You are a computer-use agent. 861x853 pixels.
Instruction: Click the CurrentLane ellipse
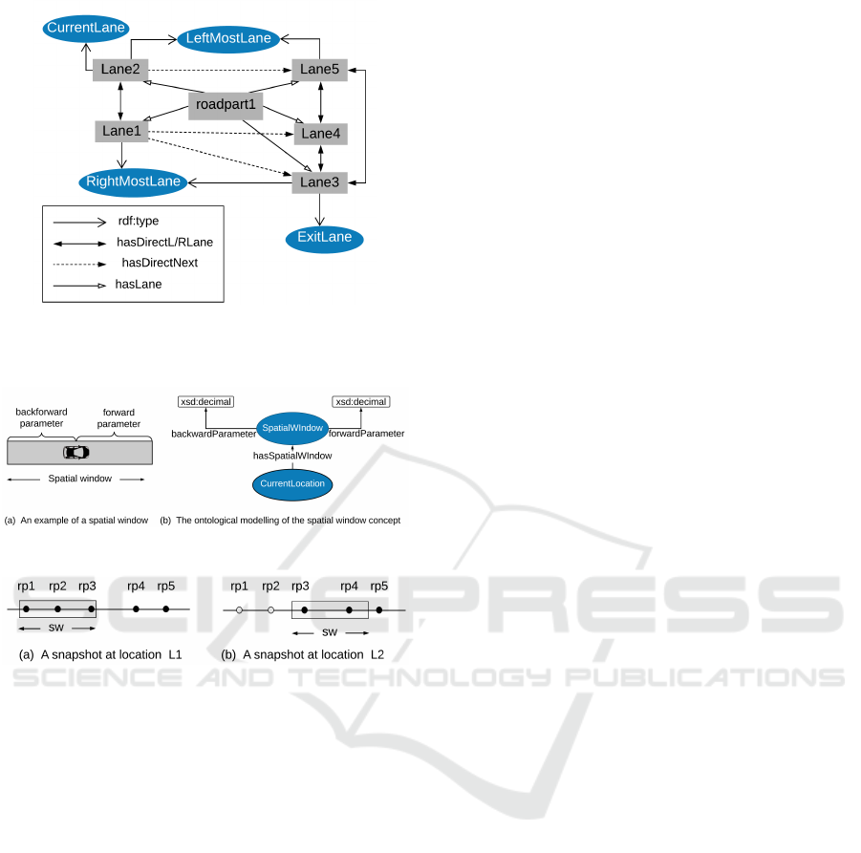click(x=86, y=29)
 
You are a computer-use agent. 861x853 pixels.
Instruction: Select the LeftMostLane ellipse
click(x=227, y=39)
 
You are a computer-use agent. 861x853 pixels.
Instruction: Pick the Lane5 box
click(x=320, y=70)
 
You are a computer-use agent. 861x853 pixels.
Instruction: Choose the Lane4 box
click(x=320, y=134)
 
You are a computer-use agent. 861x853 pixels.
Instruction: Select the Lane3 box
click(x=320, y=181)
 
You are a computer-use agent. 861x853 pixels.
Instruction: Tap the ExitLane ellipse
click(x=325, y=237)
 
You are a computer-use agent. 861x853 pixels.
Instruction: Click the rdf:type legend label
click(x=139, y=222)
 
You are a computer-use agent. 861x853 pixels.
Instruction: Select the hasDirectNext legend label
click(x=160, y=262)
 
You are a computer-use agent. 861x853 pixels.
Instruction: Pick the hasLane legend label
click(x=137, y=283)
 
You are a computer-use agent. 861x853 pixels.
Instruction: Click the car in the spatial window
click(x=75, y=452)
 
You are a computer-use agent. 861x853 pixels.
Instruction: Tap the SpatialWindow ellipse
click(x=292, y=427)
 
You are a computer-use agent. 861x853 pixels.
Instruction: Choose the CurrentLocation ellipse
click(x=292, y=484)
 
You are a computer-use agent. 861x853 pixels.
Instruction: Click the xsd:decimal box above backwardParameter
click(x=205, y=402)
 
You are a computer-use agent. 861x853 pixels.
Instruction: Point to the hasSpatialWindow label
click(x=292, y=457)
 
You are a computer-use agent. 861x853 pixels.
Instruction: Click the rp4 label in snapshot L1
click(x=136, y=586)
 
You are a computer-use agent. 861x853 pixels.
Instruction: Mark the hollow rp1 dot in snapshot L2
click(x=239, y=609)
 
